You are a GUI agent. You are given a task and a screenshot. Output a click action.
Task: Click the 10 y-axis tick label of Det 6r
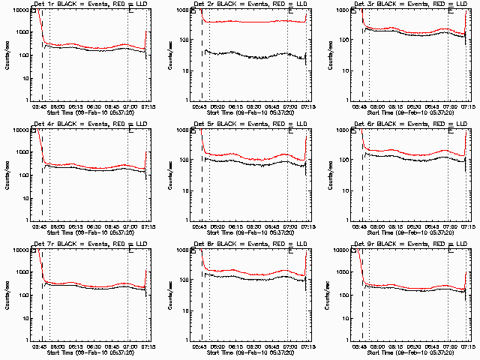(346, 190)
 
